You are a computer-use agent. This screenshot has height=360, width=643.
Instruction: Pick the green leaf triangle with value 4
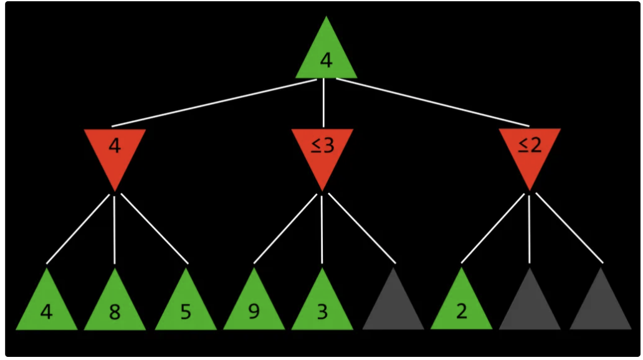point(47,309)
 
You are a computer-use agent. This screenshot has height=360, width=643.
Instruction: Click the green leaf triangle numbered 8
point(115,309)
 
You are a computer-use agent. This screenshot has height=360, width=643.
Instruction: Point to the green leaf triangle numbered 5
point(186,309)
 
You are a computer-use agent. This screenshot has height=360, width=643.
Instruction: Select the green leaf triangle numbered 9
point(254,309)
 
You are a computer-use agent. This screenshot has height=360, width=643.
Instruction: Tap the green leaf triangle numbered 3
point(322,309)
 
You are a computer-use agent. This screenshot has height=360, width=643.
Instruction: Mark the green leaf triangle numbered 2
point(461,309)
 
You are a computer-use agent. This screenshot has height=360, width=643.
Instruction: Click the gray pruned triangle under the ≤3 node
point(393,309)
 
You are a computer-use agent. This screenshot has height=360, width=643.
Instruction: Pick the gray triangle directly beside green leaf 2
point(530,309)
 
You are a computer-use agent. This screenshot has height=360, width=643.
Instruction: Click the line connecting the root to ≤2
point(432,102)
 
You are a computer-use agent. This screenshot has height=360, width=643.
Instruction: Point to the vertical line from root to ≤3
point(324,103)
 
